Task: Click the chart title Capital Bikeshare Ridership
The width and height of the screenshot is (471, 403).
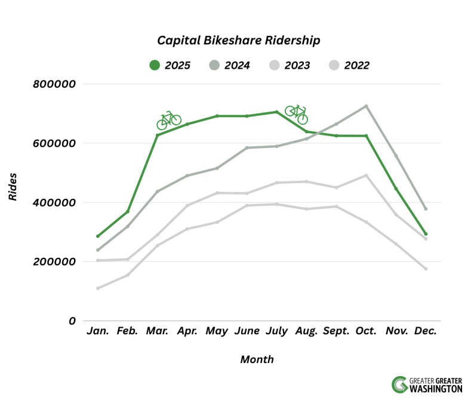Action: click(239, 41)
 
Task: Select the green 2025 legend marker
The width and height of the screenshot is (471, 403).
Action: click(155, 65)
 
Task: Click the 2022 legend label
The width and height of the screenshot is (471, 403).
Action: click(356, 65)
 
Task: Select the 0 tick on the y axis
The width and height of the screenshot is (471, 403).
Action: click(72, 321)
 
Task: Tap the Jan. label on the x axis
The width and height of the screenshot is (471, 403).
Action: click(98, 331)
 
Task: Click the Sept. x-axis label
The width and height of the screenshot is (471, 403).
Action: click(336, 331)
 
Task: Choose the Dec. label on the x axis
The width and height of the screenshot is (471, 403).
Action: click(425, 331)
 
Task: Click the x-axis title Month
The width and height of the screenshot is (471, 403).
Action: click(257, 359)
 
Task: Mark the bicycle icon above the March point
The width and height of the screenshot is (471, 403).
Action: click(169, 119)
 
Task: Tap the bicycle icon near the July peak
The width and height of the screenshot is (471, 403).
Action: click(296, 113)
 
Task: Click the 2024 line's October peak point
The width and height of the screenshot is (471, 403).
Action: click(366, 106)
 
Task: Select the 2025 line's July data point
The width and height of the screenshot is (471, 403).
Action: click(276, 112)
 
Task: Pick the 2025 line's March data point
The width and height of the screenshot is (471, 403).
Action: click(158, 135)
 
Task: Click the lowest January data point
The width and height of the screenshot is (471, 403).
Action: click(98, 288)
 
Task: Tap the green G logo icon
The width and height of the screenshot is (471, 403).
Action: click(399, 384)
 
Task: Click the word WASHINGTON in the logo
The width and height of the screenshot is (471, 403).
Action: click(436, 389)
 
